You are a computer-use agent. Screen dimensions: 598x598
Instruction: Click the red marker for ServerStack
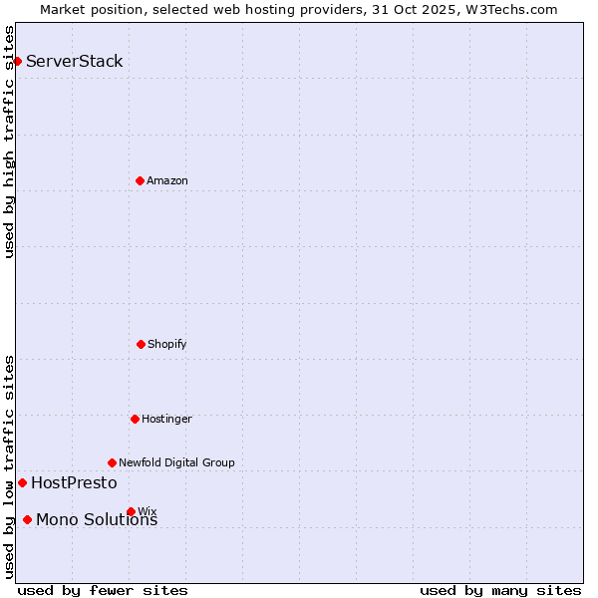click(x=17, y=61)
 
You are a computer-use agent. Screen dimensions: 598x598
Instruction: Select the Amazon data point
click(x=140, y=180)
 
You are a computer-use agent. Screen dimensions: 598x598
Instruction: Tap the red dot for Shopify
click(x=141, y=344)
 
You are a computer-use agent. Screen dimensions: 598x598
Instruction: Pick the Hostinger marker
click(x=135, y=419)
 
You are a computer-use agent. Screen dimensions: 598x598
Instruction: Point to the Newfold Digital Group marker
click(x=112, y=462)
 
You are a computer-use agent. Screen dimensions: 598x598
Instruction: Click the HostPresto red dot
click(x=22, y=482)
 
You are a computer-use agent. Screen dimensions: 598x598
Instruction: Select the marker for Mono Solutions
click(x=27, y=519)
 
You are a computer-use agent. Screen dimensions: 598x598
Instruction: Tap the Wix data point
click(x=131, y=511)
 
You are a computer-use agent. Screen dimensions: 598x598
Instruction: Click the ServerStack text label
click(x=75, y=61)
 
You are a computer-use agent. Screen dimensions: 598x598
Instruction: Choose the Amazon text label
click(x=167, y=180)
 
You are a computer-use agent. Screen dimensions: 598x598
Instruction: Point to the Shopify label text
click(x=167, y=344)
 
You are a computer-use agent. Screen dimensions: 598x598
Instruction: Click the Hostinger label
click(x=166, y=419)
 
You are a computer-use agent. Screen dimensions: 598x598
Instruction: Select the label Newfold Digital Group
click(x=176, y=462)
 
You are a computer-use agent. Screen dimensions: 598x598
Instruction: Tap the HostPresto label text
click(x=74, y=482)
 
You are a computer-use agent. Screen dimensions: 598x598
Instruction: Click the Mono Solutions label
click(x=97, y=520)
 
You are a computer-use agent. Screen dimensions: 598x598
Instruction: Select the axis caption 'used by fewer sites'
click(x=103, y=590)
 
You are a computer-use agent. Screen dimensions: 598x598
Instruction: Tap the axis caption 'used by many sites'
click(x=500, y=590)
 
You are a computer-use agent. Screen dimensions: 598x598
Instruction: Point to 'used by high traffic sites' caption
click(x=9, y=142)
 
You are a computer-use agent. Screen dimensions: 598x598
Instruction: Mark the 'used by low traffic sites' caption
click(x=9, y=466)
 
